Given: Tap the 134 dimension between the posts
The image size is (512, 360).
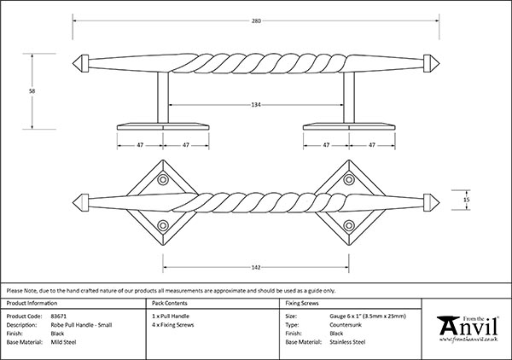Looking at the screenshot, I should click(256, 105).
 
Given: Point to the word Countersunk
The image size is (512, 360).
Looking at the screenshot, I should click(345, 324).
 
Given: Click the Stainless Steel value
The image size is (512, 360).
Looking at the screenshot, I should click(347, 341).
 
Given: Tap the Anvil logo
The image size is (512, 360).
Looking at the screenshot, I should click(468, 328).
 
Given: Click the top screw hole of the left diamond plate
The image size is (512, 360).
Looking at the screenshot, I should click(162, 180).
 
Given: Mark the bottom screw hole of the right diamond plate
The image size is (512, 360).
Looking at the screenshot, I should click(349, 224).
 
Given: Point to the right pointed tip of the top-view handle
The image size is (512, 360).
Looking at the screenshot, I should click(432, 202).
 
